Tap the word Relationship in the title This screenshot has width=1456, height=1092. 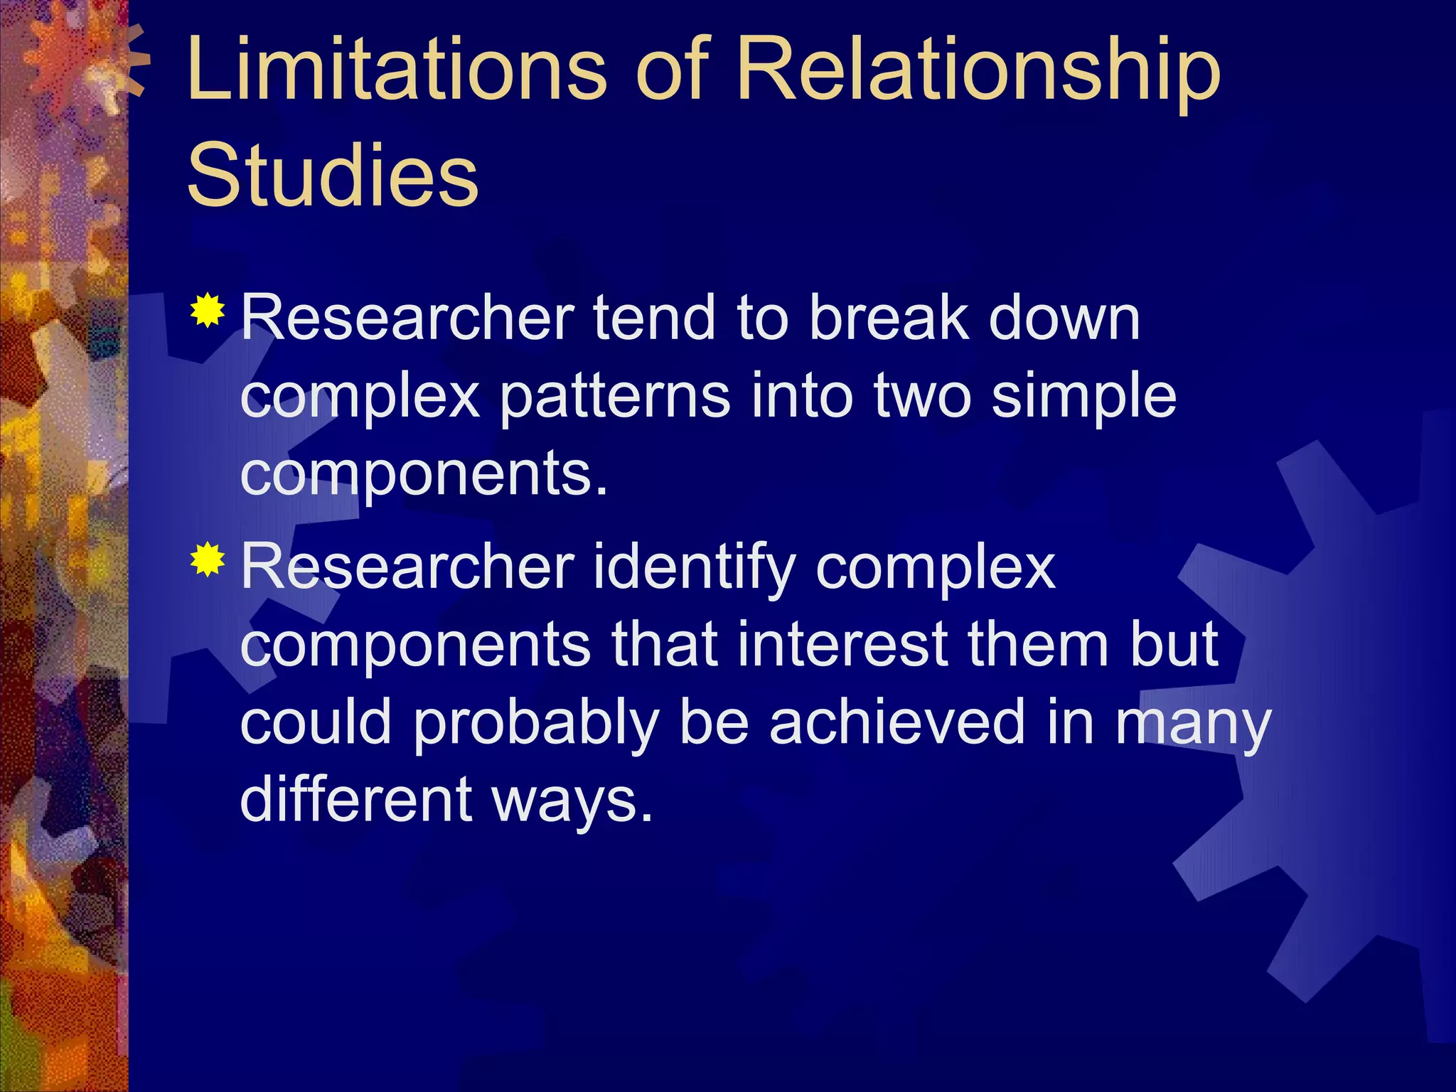(978, 71)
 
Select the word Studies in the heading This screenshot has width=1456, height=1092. (332, 174)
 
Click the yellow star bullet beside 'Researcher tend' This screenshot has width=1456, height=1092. (208, 310)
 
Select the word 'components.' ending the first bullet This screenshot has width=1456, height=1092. (424, 475)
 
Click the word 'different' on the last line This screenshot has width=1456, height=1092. (355, 798)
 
